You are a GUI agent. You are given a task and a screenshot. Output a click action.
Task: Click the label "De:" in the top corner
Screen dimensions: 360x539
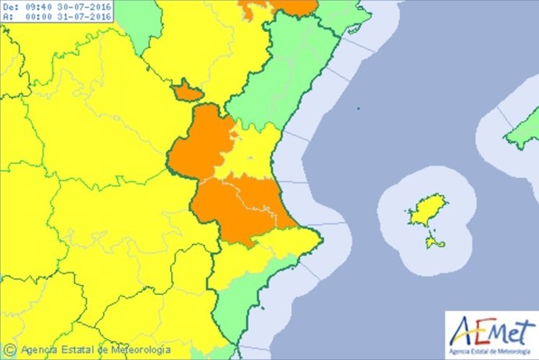(x=9, y=6)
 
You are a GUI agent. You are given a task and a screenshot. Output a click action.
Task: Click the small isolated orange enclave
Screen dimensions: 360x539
(x=187, y=91)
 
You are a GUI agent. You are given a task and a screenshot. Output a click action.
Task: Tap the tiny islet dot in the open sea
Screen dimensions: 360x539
(x=357, y=109)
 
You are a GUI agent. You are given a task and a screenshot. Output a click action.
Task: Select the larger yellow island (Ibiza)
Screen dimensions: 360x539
(x=422, y=211)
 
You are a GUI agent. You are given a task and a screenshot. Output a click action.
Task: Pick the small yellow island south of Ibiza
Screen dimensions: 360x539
(x=435, y=243)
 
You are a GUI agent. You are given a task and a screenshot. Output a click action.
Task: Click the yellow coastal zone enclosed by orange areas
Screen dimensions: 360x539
(x=250, y=152)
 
